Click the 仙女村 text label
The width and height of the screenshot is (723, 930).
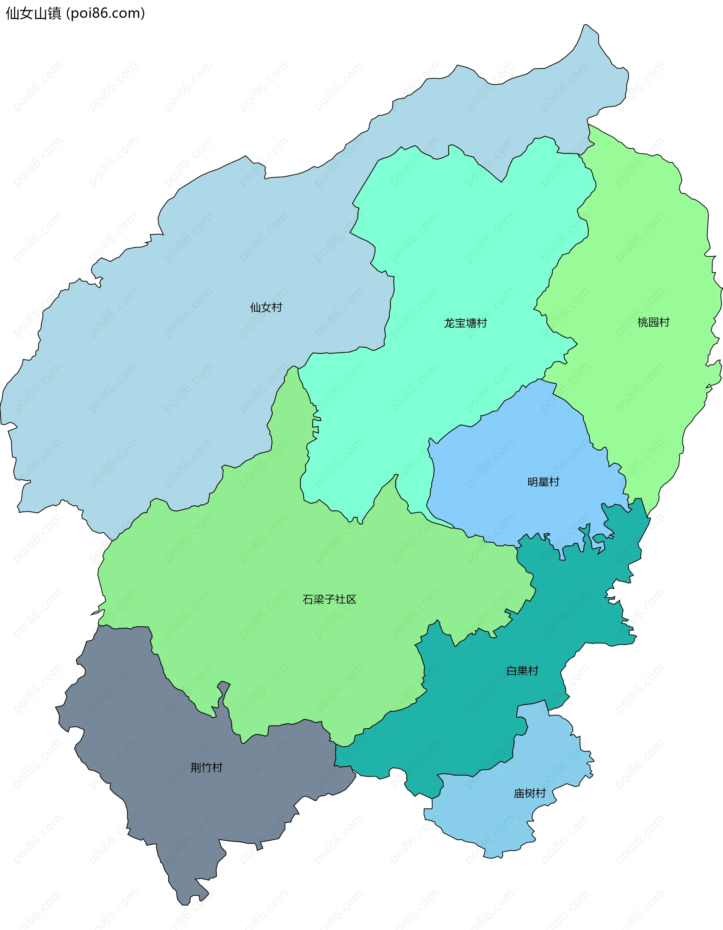coord(266,307)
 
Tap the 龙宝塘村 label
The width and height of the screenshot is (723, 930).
coord(465,324)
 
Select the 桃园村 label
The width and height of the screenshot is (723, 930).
coord(653,322)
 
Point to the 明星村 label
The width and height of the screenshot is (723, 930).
coord(543,482)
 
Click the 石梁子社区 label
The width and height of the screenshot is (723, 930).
coord(329,600)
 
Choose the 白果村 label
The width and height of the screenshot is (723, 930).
coord(522,671)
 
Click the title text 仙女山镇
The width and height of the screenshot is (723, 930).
coord(34,14)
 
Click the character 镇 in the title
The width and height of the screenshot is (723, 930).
coord(55,14)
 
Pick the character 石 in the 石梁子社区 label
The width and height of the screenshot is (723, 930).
coord(308,600)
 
